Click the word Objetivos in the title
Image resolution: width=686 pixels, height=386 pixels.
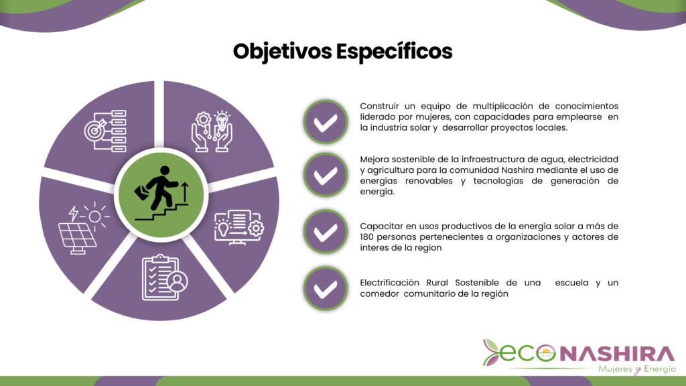pyautogui.click(x=283, y=52)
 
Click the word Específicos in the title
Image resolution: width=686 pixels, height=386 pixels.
pyautogui.click(x=394, y=52)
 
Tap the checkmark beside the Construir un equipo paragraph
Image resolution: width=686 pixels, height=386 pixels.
pyautogui.click(x=326, y=122)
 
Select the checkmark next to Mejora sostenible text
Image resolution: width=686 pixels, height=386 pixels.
pyautogui.click(x=326, y=175)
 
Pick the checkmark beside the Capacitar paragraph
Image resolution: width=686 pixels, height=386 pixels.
pyautogui.click(x=326, y=232)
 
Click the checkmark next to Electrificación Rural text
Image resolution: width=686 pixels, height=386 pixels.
pyautogui.click(x=326, y=289)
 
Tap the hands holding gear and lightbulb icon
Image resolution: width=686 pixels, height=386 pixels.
pyautogui.click(x=212, y=131)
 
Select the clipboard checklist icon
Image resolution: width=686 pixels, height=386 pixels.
pyautogui.click(x=165, y=277)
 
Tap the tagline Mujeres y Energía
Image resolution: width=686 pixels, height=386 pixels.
pyautogui.click(x=637, y=369)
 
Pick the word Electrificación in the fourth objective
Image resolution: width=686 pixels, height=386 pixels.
pyautogui.click(x=389, y=283)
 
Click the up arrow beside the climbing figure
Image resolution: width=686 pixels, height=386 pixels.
pyautogui.click(x=185, y=192)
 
